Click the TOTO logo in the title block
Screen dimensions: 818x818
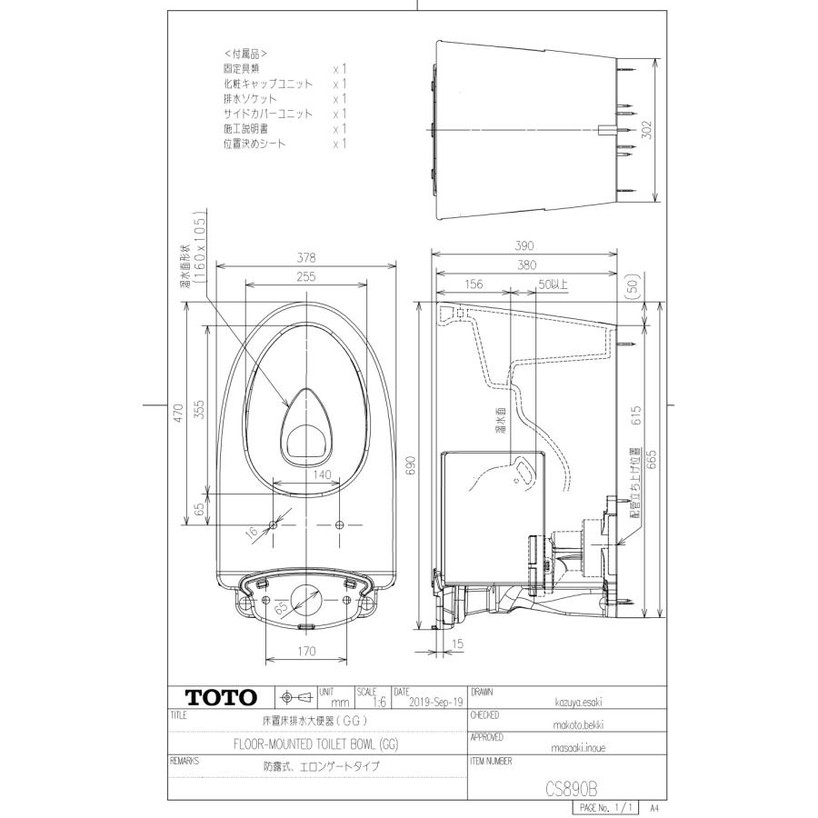click(x=223, y=698)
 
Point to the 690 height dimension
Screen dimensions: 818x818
click(x=410, y=464)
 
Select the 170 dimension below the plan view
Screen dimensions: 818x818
click(x=306, y=651)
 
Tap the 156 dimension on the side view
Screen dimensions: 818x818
click(x=474, y=284)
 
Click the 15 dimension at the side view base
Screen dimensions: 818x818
click(x=456, y=643)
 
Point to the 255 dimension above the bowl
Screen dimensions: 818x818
click(x=305, y=277)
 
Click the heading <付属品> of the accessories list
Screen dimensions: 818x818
click(x=245, y=54)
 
